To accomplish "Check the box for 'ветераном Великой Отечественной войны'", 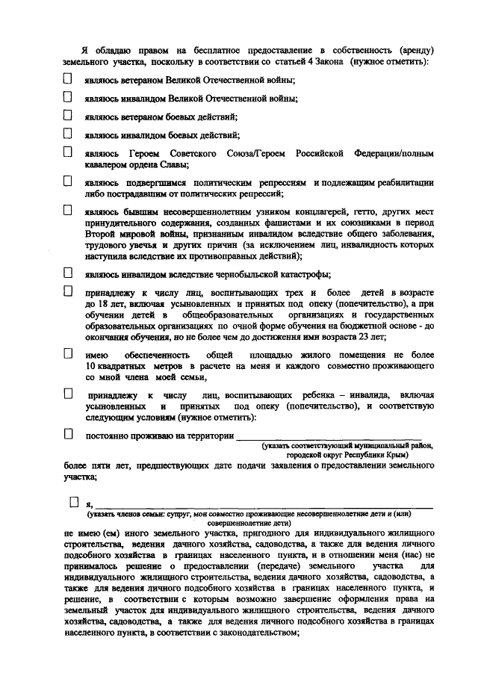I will (68, 78).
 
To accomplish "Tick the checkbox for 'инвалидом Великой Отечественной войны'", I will (68, 96).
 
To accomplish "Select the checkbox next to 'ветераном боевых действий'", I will (68, 115).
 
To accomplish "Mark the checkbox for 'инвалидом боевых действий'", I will (68, 134).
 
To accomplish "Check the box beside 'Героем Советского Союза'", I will (68, 152).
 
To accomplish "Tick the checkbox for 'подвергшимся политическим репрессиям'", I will (68, 181).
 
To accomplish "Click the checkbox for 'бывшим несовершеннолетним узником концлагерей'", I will (68, 210).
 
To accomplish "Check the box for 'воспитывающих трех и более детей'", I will (68, 291).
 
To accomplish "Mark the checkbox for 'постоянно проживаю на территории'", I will (68, 432).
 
